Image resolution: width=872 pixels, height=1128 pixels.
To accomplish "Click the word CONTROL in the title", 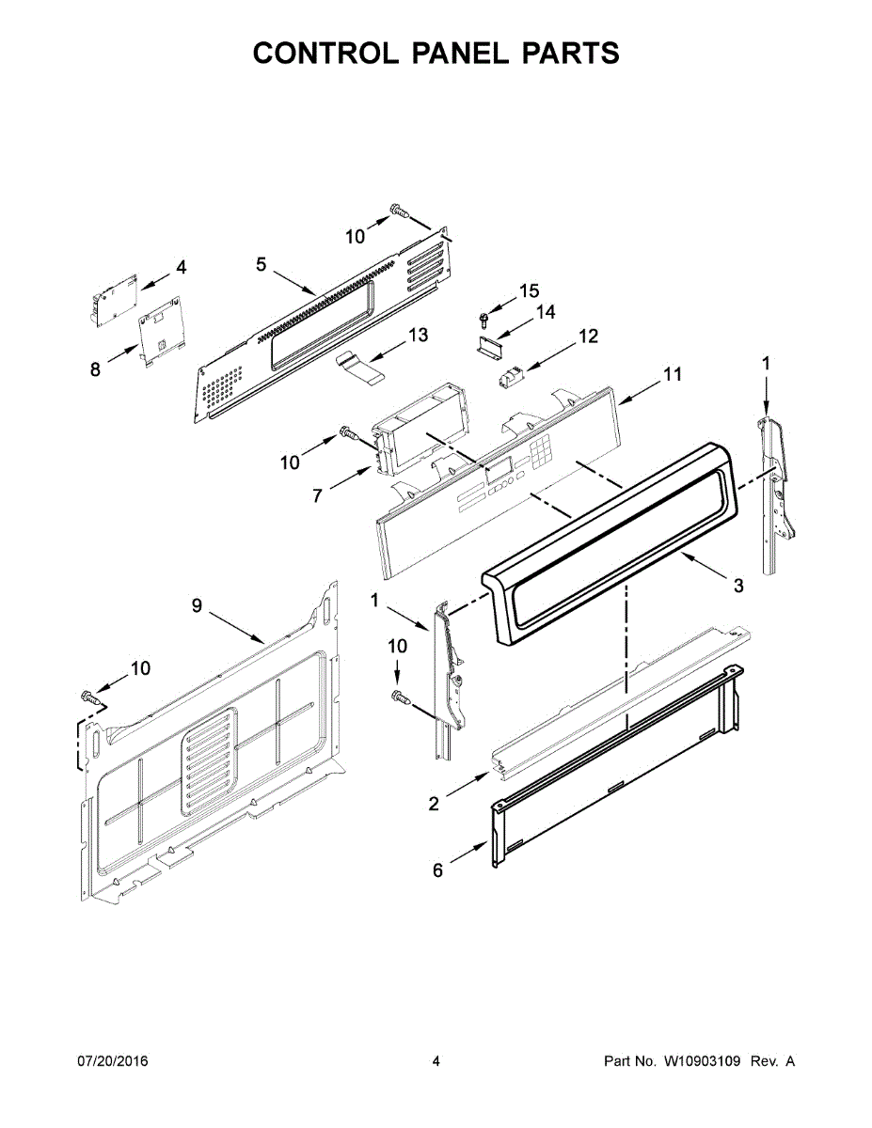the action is coord(326,53).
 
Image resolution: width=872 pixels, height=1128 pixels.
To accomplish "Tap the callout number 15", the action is coord(530,290).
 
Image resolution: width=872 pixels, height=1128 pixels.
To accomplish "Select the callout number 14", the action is coord(545,312).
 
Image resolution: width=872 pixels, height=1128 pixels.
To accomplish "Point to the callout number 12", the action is coord(587,337).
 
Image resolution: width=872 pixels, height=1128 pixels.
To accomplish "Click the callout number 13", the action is coord(418,335).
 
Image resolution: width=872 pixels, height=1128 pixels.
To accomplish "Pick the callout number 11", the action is coord(673,374).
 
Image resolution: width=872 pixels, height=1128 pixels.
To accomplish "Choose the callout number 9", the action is coord(197,605).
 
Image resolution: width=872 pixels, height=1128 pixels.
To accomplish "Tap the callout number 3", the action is coord(738,586).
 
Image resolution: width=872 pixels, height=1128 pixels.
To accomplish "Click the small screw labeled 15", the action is coord(484,319).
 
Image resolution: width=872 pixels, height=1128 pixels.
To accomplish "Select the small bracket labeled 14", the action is coord(489,346).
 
